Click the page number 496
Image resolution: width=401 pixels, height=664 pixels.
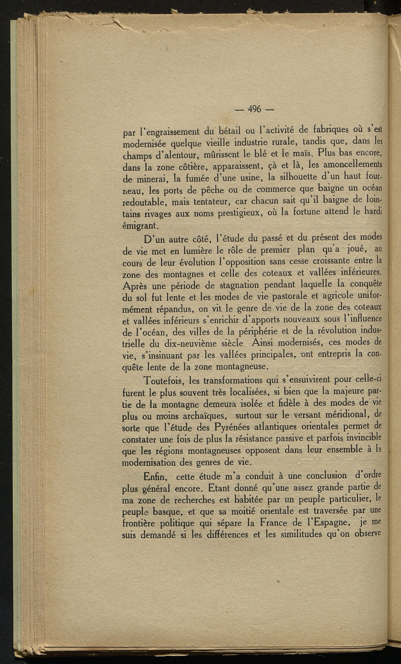click(x=255, y=109)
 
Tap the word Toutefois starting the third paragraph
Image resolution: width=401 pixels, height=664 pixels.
click(x=164, y=380)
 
